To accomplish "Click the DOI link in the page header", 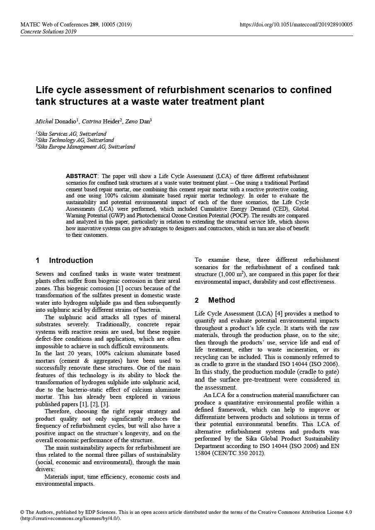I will coord(296,24).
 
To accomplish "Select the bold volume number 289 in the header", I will coord(94,24).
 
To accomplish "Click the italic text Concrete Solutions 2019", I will coord(48,31).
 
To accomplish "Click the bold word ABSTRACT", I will coord(82,176).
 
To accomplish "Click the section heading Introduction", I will coord(71,260).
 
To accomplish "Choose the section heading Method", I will coord(221,300).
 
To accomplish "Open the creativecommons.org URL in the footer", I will coord(70,518).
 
